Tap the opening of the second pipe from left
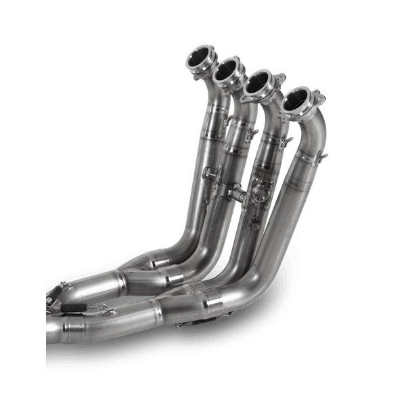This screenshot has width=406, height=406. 229,70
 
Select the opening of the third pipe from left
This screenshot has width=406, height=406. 260,84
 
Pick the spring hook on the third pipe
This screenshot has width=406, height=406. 286,142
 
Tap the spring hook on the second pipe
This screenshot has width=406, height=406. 252,134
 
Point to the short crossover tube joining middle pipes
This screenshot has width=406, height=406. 238,192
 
